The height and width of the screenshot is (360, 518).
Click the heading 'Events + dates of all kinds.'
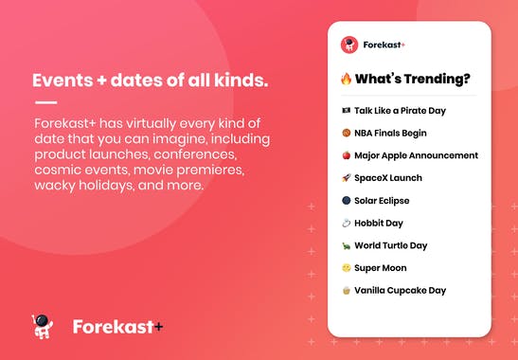pos(150,81)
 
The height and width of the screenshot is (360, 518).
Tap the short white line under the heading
pos(45,103)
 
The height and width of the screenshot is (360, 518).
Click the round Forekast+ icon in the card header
pos(348,45)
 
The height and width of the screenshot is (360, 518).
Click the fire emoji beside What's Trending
pos(347,79)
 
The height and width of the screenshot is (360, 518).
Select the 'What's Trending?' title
pos(416,79)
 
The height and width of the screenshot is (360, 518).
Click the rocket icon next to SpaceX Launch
pos(347,178)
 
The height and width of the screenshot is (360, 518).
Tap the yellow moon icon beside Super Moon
pos(347,268)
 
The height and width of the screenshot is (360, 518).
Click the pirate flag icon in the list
pos(347,111)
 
